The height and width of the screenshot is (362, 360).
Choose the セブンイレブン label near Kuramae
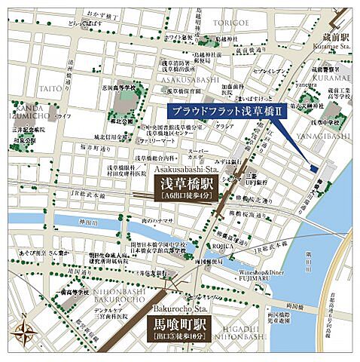tap(267, 71)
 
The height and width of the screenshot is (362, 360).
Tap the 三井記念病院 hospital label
tap(27, 130)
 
